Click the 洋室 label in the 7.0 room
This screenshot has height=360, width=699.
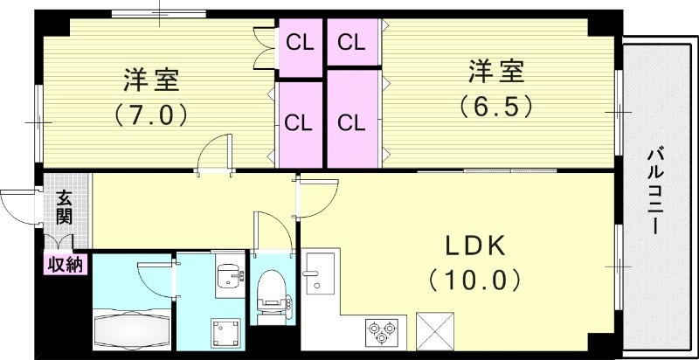tap(151, 81)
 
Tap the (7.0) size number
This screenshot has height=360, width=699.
tap(151, 114)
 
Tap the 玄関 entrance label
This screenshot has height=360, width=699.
tap(65, 207)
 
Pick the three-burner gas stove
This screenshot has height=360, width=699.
tap(383, 331)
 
